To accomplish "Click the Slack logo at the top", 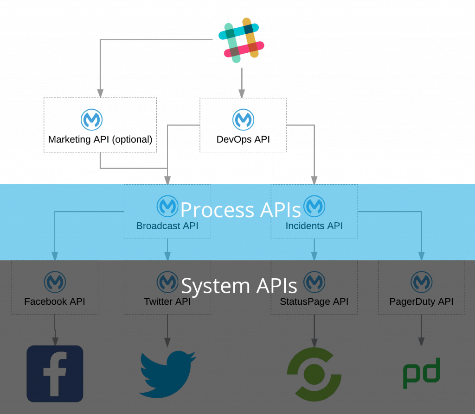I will tap(241, 40).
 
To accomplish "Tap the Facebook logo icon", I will tap(55, 373).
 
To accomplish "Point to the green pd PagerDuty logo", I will tap(421, 373).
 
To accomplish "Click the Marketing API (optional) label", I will tap(100, 139).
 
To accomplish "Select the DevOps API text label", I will tap(243, 139).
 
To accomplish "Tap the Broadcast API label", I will tap(167, 226).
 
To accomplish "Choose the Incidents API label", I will tap(314, 226).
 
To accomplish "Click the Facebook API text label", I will tap(55, 302).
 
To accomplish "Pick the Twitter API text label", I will tap(167, 302).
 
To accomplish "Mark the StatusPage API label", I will tap(314, 302).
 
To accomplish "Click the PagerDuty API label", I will tap(421, 302).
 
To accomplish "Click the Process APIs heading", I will tap(240, 210).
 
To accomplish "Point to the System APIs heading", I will tap(239, 286).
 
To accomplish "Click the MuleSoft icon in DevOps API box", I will tap(243, 120).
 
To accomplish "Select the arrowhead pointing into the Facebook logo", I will tap(55, 341).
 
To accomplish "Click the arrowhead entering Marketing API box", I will tap(100, 94).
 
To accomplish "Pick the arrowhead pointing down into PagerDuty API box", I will tap(421, 256).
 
